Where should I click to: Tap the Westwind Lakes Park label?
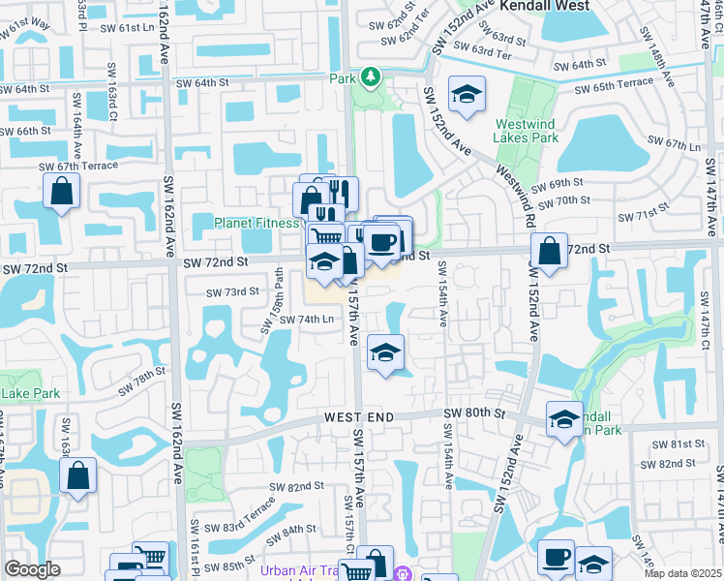click(527, 131)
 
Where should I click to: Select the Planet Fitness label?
click(256, 223)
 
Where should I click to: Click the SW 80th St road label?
click(474, 413)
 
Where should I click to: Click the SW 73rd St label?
click(232, 291)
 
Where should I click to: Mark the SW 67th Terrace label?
click(78, 167)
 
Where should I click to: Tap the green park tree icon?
click(369, 76)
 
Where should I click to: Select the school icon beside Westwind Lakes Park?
click(468, 94)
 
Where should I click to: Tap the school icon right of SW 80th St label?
click(564, 418)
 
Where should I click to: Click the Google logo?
click(33, 569)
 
